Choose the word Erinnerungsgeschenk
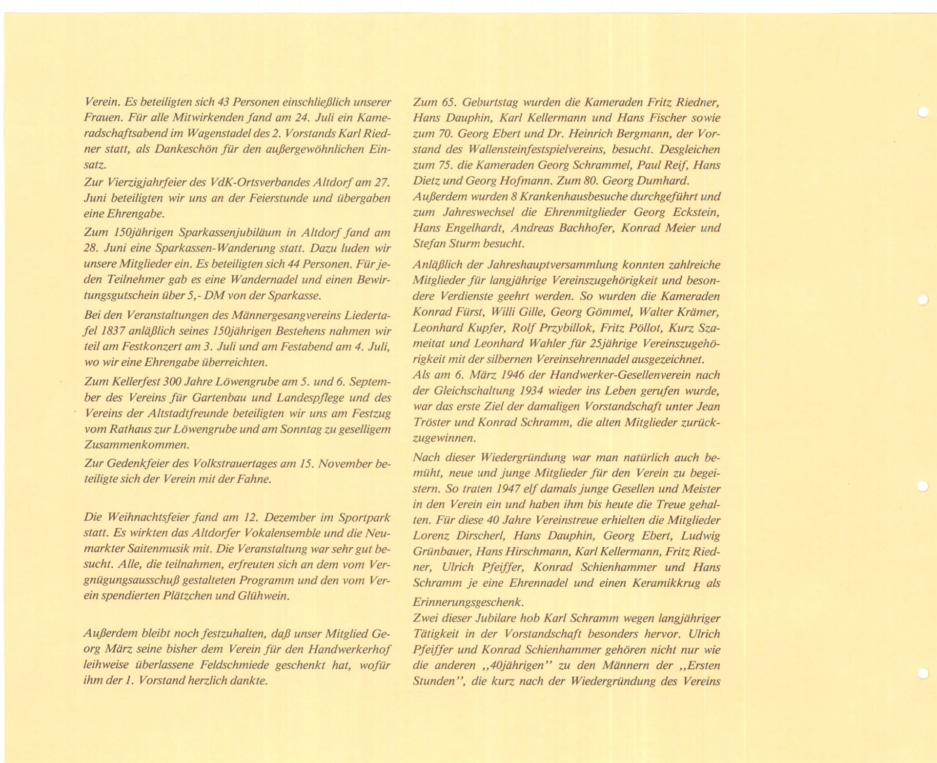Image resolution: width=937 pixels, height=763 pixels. click(468, 601)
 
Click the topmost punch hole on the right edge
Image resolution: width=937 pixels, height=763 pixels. click(922, 111)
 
